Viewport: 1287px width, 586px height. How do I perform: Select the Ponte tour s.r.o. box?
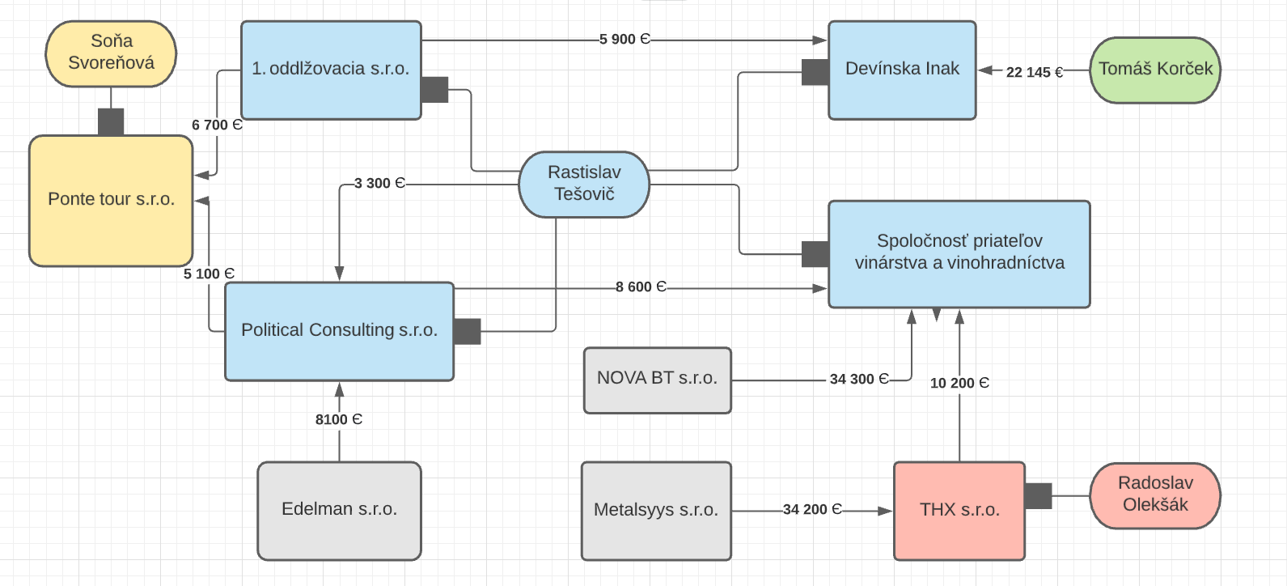(111, 200)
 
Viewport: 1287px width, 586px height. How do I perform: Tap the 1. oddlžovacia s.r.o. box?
(331, 70)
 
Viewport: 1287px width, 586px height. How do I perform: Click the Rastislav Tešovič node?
(584, 184)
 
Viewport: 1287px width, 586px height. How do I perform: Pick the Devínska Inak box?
(902, 70)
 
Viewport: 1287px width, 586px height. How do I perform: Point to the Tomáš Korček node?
(1155, 70)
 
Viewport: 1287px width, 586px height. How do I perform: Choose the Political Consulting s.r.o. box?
(339, 330)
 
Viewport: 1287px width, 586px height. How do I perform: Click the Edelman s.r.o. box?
(339, 510)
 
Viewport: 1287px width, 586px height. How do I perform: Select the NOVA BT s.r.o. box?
(657, 380)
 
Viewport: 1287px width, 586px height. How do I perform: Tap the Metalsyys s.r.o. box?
(656, 511)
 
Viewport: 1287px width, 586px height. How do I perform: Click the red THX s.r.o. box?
(959, 511)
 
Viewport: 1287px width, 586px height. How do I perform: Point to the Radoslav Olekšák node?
(1155, 495)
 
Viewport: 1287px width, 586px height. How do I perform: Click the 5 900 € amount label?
(624, 39)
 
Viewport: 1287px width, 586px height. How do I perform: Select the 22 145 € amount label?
(1034, 72)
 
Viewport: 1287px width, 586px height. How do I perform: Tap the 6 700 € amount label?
(216, 125)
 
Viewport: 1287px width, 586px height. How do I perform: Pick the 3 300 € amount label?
(379, 184)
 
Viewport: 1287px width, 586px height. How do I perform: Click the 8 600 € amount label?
(640, 287)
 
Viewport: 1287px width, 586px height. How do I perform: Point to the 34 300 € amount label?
(858, 379)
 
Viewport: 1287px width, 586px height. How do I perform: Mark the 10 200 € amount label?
(959, 383)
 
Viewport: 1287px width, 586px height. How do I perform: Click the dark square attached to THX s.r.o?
(1038, 495)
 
